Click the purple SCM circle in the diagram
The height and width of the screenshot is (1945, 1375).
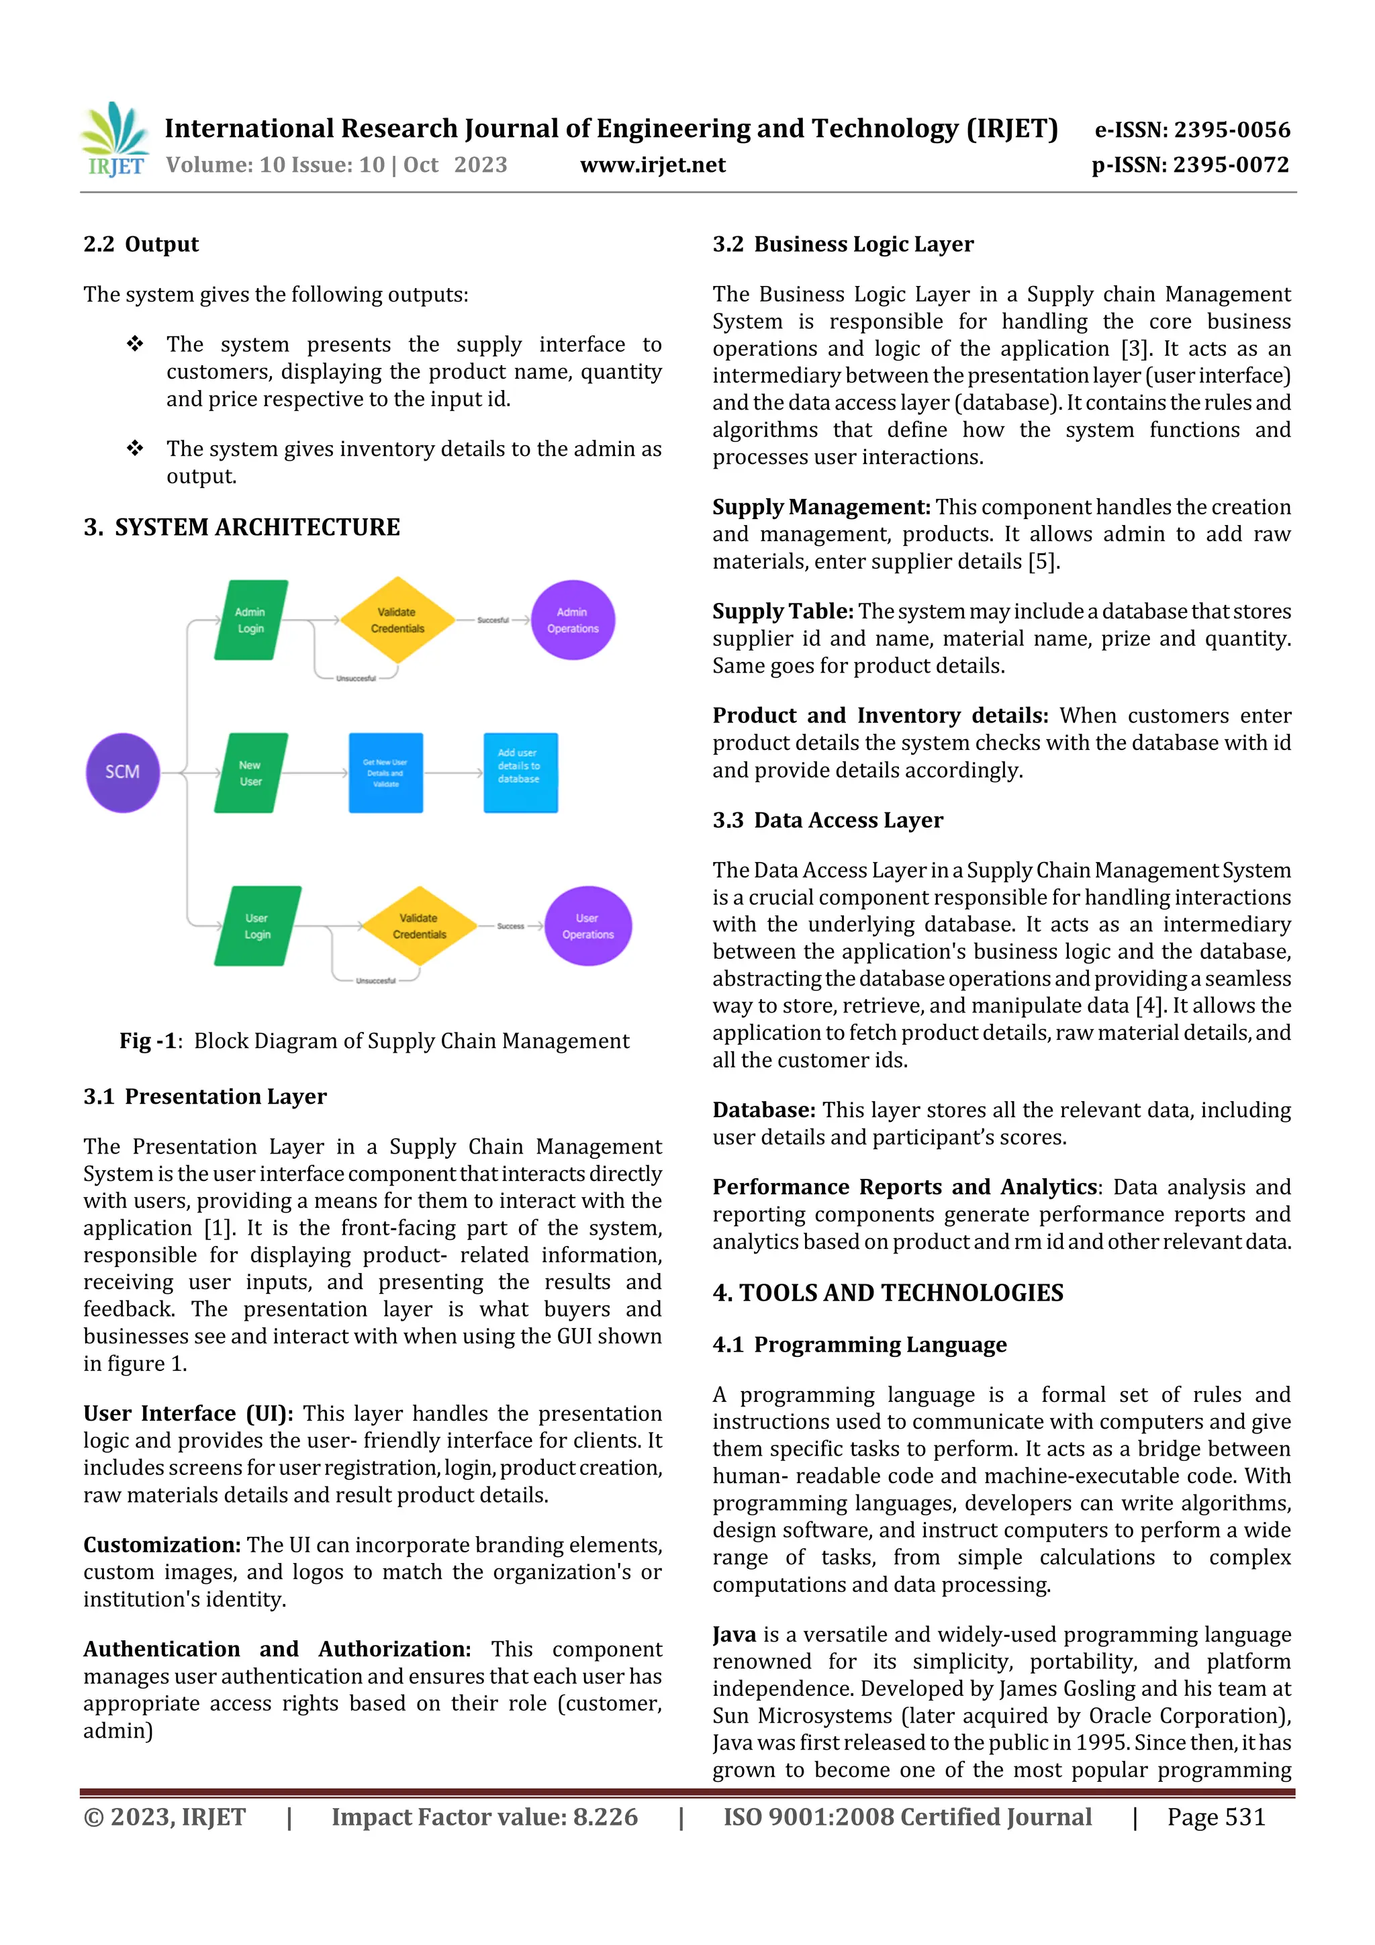point(123,771)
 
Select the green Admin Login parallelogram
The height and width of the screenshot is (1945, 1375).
point(251,620)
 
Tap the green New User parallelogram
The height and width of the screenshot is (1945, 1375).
point(251,773)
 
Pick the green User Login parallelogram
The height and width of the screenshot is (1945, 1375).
point(258,926)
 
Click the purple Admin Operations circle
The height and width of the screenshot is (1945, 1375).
point(573,620)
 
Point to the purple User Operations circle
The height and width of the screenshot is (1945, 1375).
point(588,926)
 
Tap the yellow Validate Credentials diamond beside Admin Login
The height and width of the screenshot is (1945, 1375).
point(397,620)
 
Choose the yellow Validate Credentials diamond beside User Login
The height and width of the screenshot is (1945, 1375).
point(420,926)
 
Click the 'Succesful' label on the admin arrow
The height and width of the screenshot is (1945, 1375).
point(492,620)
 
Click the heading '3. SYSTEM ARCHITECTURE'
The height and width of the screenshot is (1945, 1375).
point(242,527)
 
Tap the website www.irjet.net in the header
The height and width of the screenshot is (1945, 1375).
point(653,165)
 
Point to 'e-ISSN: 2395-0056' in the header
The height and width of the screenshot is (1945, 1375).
point(1192,130)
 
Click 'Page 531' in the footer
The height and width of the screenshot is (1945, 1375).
point(1216,1817)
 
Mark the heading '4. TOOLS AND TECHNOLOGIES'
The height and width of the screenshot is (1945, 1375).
point(888,1292)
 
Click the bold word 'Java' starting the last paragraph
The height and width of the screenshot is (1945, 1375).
point(734,1634)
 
